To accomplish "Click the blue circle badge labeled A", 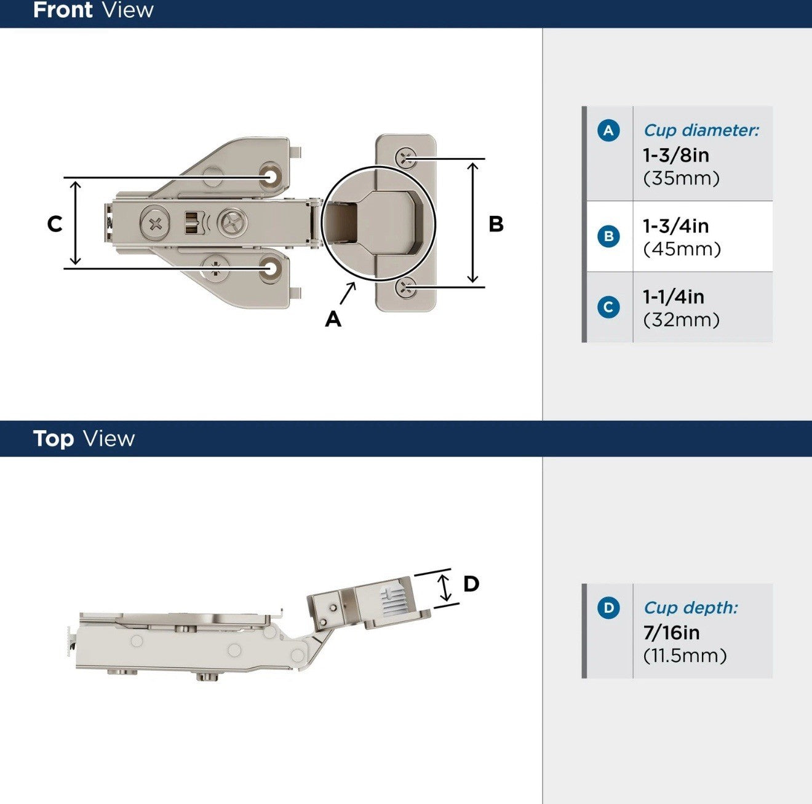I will (x=608, y=130).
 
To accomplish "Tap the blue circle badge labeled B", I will (x=608, y=236).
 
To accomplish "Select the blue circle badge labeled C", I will (x=608, y=307).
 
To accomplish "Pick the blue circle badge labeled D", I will (x=608, y=608).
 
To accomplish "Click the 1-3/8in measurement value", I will (x=675, y=155).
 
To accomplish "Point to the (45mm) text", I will (x=681, y=249).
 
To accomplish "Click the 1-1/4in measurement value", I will (x=673, y=297).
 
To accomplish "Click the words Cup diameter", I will (x=701, y=130).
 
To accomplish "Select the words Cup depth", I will (x=690, y=608).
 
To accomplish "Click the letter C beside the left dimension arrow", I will (x=55, y=224).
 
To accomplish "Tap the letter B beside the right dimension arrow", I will (x=496, y=225).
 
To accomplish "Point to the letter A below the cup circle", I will (x=333, y=319).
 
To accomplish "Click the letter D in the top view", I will (x=471, y=584).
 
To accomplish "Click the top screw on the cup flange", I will (x=406, y=157).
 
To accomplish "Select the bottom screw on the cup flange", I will (x=406, y=287).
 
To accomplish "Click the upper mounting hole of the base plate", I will (x=271, y=176).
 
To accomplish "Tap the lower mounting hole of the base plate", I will (x=271, y=269).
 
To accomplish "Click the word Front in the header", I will (x=63, y=10).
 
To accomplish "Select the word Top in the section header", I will (x=54, y=439).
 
